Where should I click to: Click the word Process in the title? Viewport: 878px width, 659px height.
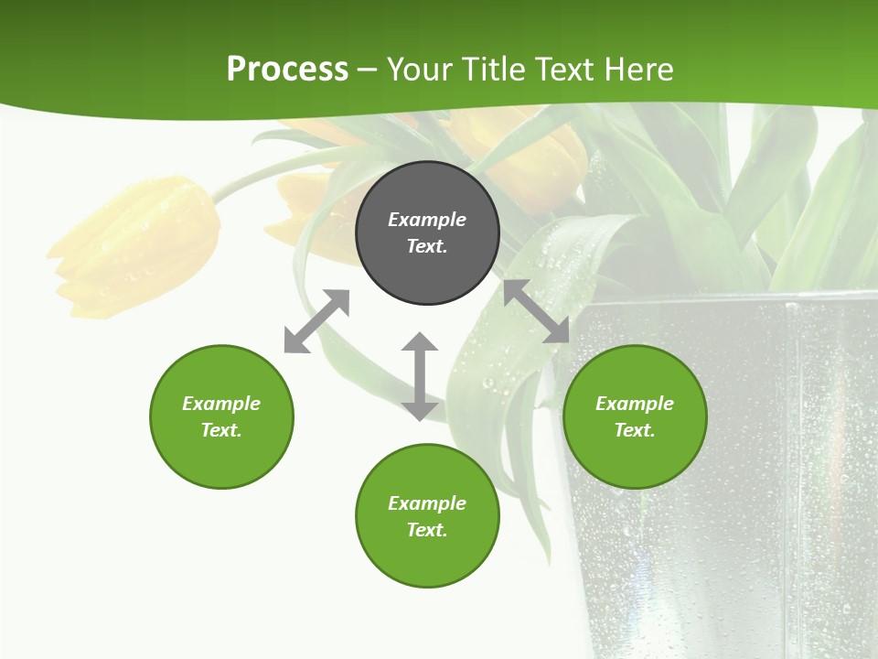point(287,70)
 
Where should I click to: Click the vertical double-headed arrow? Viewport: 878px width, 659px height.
point(420,376)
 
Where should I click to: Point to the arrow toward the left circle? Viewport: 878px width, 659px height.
point(316,321)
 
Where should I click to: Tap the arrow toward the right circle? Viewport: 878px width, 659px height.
point(537,311)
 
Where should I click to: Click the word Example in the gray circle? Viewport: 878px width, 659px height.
point(427,220)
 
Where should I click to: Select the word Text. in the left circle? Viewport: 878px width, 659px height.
point(221,430)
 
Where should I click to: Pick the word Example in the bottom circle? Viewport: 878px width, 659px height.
point(427,502)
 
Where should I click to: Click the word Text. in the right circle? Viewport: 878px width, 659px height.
point(635,430)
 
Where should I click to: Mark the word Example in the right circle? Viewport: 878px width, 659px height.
point(635,404)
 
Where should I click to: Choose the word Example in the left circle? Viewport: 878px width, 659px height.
point(221,404)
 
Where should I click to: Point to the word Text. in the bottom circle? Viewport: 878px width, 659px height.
point(427,530)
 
